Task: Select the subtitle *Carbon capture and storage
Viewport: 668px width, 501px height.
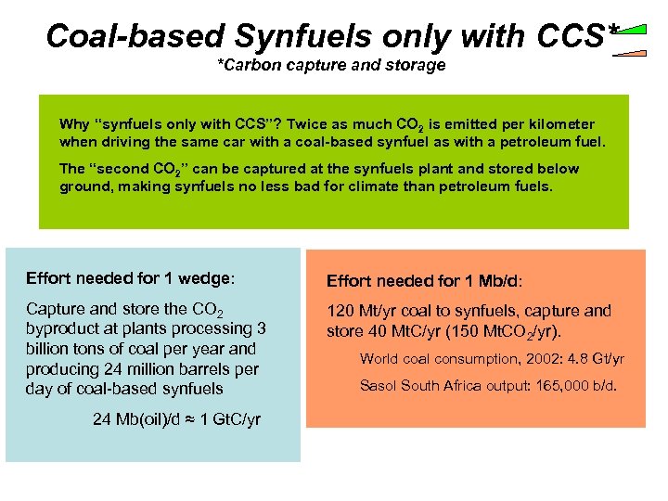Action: pos(331,65)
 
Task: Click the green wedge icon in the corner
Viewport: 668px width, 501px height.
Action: pos(633,32)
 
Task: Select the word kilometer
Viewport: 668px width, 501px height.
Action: pos(557,124)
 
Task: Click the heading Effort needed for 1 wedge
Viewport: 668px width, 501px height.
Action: pos(131,277)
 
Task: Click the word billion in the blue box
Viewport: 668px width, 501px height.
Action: pos(50,349)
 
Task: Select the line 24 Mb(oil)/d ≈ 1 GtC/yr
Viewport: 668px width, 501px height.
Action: pos(176,418)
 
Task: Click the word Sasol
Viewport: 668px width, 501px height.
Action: pos(380,385)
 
